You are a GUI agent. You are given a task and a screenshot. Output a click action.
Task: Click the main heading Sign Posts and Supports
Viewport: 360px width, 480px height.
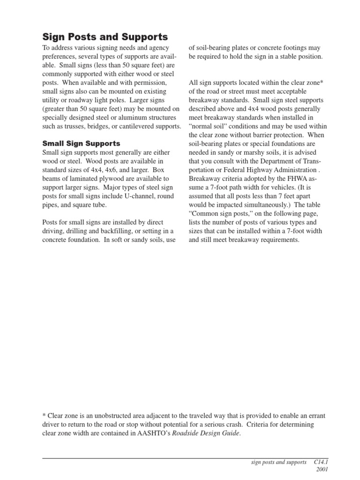[105, 37]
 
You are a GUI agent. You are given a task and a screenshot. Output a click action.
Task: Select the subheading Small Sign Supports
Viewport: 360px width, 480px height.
[81, 143]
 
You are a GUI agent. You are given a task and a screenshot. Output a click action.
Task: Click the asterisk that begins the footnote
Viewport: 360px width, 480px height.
[44, 416]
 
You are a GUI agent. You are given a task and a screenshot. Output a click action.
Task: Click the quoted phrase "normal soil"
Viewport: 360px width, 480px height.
[208, 127]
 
